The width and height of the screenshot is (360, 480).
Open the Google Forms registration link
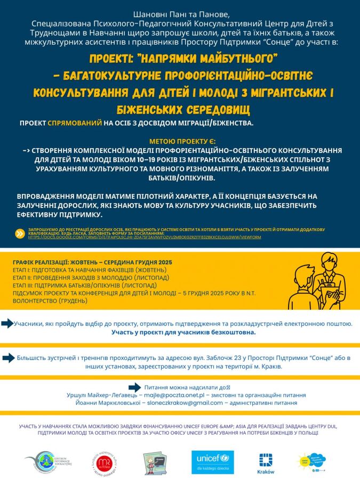pyautogui.click(x=145, y=237)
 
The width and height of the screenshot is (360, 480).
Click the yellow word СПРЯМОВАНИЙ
pyautogui.click(x=75, y=123)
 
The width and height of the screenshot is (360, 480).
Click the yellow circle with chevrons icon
pyautogui.click(x=21, y=232)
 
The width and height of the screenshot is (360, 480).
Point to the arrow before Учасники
pyautogui.click(x=7, y=323)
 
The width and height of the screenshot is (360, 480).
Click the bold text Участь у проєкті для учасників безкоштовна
pyautogui.click(x=183, y=332)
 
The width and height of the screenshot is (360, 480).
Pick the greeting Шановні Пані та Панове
pyautogui.click(x=180, y=13)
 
